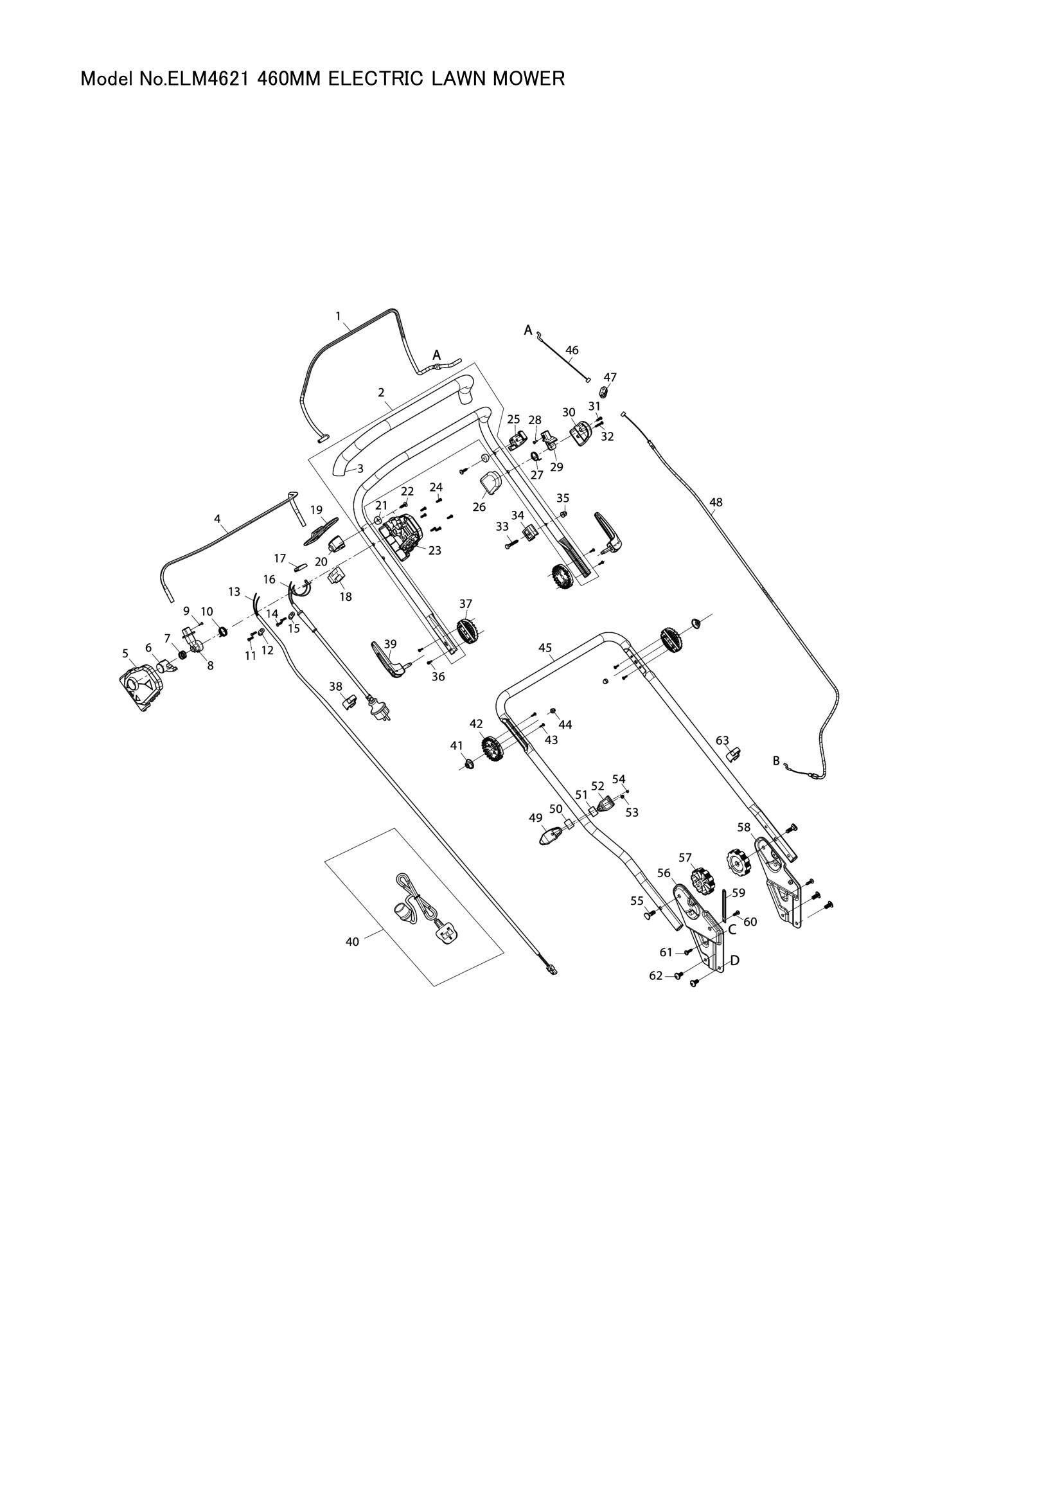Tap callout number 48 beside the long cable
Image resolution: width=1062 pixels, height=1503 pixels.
point(716,502)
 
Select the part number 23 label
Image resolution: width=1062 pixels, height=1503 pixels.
point(434,551)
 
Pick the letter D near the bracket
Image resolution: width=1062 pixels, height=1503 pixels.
point(734,960)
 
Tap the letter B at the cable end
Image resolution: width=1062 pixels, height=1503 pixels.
point(777,761)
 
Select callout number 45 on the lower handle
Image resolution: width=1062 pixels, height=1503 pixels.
point(545,648)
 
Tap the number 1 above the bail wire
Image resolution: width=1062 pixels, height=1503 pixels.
point(339,316)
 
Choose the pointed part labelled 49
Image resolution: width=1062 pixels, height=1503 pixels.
point(549,837)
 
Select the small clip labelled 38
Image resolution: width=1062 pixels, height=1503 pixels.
point(349,702)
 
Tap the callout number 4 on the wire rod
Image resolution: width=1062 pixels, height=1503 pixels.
point(217,519)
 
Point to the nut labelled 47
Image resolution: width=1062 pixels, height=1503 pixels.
point(605,392)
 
